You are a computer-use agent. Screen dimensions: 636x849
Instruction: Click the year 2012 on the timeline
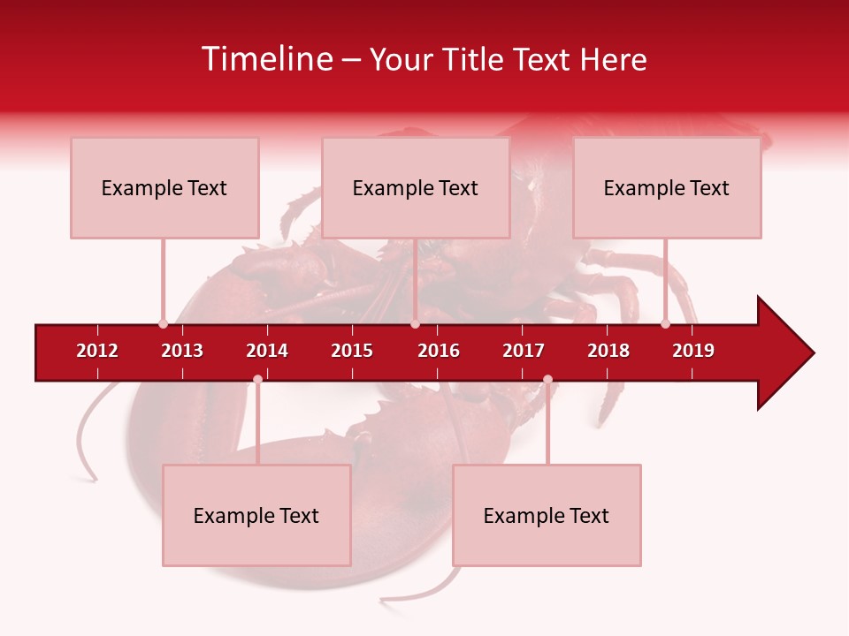pos(97,351)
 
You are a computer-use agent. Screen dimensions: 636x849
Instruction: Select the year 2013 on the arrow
pos(182,351)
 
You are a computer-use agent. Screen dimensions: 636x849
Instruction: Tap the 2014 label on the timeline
pos(267,351)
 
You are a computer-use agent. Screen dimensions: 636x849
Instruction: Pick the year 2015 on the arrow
pos(352,351)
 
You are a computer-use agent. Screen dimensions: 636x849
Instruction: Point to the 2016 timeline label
pos(439,351)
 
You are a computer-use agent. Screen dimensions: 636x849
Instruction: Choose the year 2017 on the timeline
pos(524,351)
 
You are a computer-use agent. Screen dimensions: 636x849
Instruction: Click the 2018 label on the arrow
pos(608,351)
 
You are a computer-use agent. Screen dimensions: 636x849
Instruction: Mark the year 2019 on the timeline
pos(693,351)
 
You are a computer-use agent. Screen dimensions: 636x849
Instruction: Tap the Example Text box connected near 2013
pos(164,187)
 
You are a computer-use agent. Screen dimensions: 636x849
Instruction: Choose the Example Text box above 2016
pos(416,187)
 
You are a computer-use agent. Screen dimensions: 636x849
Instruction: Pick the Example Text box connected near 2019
pos(667,187)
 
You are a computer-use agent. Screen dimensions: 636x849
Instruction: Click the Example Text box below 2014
pos(256,515)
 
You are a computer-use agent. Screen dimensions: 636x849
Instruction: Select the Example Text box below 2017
pos(547,515)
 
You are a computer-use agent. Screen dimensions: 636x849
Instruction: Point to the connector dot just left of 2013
pos(163,323)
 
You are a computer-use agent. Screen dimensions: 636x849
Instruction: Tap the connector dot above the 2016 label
pos(415,323)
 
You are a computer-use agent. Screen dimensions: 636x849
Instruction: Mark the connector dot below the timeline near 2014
pos(257,379)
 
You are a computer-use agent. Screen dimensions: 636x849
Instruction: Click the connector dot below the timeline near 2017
pos(547,379)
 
